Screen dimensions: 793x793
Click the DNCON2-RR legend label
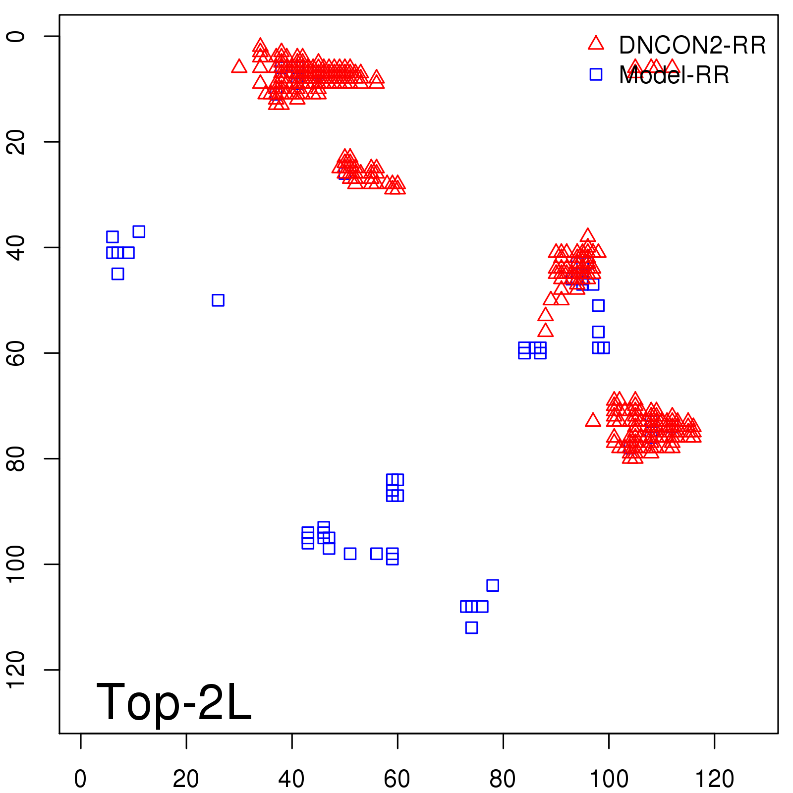pos(692,46)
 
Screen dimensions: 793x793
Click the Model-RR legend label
pos(674,75)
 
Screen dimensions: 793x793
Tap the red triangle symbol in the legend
pos(596,44)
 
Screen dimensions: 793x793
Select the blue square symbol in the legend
pos(596,74)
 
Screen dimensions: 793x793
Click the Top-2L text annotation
pos(174,702)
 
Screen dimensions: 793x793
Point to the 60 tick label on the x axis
pos(397,779)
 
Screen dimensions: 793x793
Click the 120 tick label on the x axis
pos(714,779)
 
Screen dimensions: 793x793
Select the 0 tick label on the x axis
pos(80,779)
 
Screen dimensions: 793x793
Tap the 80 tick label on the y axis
pos(16,458)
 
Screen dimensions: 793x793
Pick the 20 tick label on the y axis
pos(16,142)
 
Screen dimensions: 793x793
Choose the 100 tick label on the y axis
pos(16,564)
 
